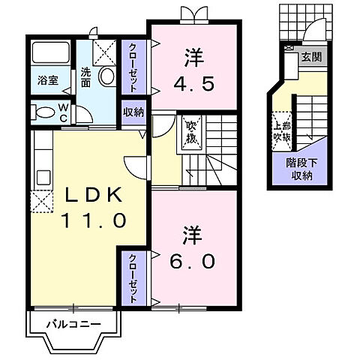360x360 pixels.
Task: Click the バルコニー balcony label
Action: tap(73, 324)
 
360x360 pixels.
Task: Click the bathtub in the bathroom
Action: tap(50, 55)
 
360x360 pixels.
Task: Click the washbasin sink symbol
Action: tap(106, 76)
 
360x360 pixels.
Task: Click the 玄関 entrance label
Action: tap(310, 55)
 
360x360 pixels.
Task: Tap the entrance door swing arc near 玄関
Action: tap(316, 34)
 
